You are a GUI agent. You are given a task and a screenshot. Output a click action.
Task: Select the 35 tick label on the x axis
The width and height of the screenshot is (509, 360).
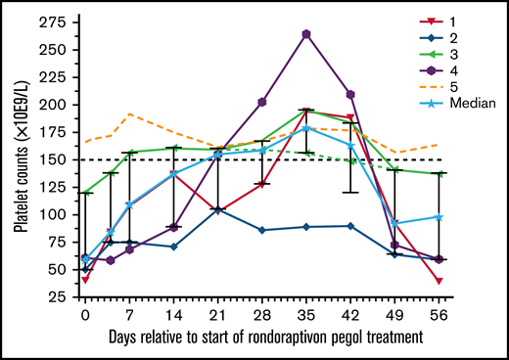point(306,315)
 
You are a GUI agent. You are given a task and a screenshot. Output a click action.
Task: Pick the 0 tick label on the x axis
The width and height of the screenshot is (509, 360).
point(85,315)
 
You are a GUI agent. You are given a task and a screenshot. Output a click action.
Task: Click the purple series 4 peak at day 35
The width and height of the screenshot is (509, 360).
point(306,34)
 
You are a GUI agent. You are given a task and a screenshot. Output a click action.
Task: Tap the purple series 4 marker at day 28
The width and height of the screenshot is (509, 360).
point(262,102)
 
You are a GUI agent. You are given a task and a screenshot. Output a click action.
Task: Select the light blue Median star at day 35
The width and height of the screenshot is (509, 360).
point(306,128)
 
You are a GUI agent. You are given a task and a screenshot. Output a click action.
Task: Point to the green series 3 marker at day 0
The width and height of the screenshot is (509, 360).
point(85,193)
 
